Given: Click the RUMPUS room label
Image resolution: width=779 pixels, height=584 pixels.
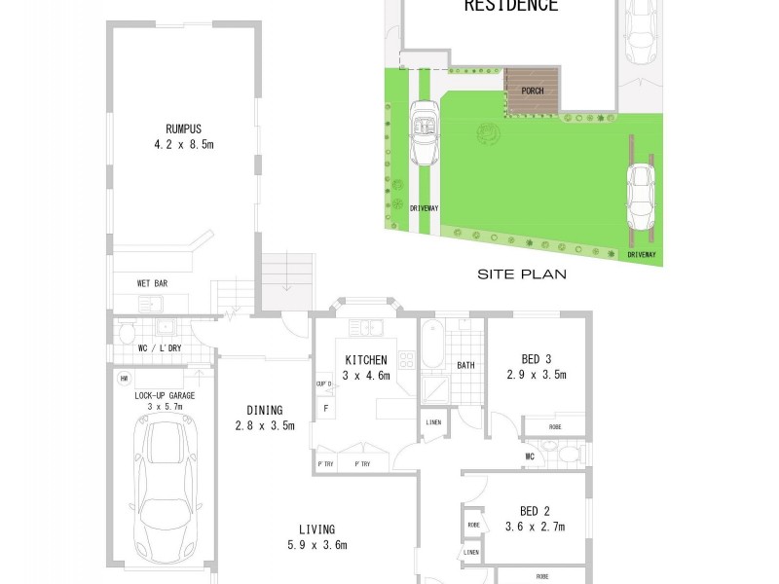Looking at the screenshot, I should point(182,127).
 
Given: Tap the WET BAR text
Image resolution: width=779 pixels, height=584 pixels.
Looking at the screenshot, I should point(153,283).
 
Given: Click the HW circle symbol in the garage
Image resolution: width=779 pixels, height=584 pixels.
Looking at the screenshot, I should point(125,379).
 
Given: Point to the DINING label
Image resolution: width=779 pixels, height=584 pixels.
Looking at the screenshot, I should point(265,410).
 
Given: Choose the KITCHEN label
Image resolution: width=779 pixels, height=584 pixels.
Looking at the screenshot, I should point(366,359).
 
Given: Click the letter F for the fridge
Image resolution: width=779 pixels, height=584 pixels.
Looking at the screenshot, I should point(325,409).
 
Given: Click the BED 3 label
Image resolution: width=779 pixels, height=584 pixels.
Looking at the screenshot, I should point(536,357).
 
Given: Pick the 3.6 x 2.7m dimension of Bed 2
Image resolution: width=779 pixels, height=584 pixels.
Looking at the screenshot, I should point(536,527).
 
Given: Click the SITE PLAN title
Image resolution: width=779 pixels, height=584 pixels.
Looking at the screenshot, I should point(522,275).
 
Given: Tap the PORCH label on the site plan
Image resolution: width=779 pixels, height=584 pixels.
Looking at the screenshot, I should point(533,91).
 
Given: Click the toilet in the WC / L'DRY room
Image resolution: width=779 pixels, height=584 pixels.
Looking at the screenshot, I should point(125,335).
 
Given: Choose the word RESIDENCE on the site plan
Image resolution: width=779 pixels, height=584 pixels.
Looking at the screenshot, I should point(510,7).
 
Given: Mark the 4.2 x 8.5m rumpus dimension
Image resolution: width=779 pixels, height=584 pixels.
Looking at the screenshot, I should point(182,143).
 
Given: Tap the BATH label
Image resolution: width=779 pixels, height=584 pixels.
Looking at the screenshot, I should point(465,366).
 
